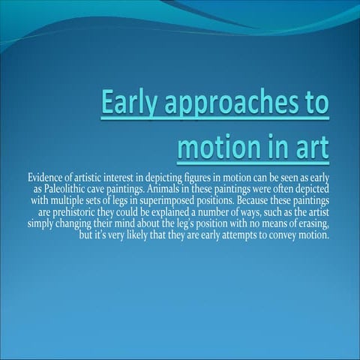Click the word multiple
72,200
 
